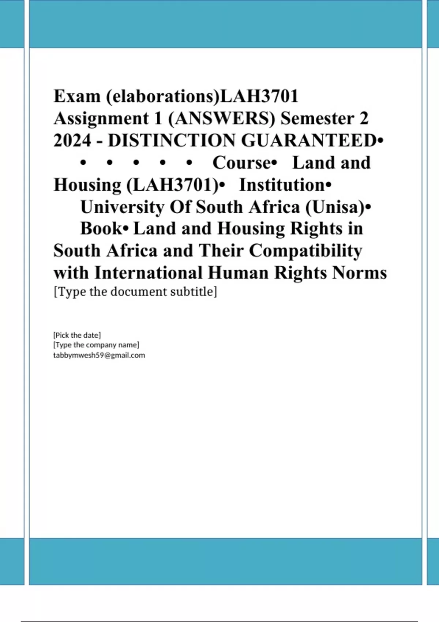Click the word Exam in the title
click(77, 97)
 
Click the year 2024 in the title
click(72, 140)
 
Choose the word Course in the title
click(241, 163)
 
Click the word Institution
click(282, 185)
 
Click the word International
click(148, 273)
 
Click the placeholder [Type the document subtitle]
click(135, 292)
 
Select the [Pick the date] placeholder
click(77, 335)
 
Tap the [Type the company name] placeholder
click(96, 345)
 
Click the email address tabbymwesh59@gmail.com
click(99, 355)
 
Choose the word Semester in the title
click(317, 119)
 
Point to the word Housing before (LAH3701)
click(87, 185)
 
